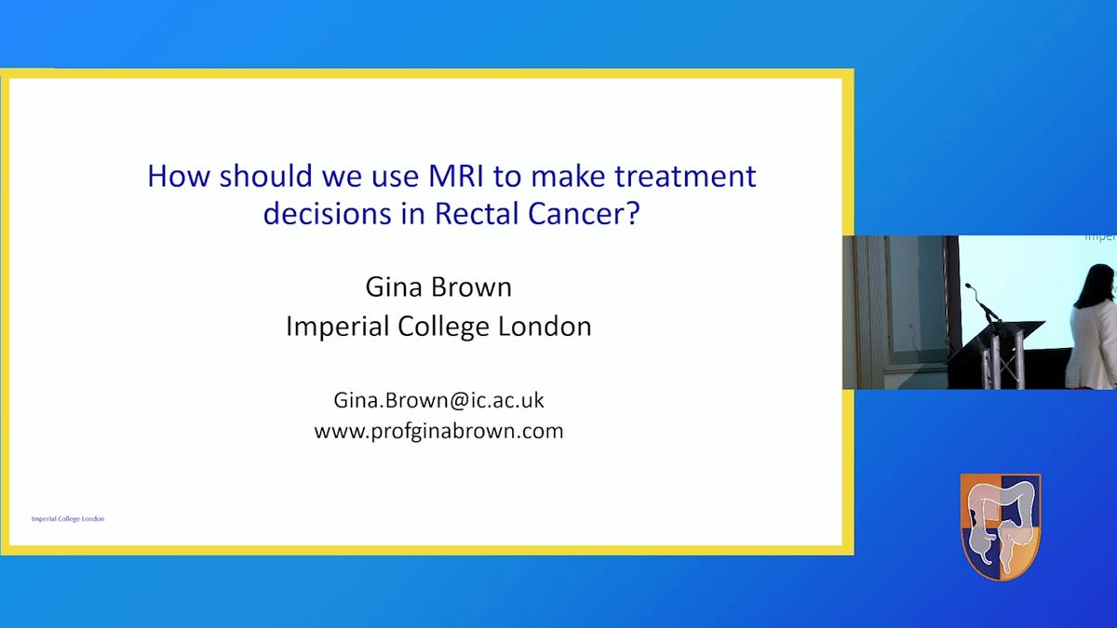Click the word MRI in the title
tap(456, 176)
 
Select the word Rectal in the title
tap(478, 213)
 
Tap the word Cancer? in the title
tap(584, 213)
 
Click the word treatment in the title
tap(685, 176)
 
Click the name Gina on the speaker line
tap(394, 287)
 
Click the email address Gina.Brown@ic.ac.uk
tap(438, 400)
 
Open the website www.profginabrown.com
tap(438, 431)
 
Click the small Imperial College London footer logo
tap(68, 519)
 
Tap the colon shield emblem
tap(1001, 527)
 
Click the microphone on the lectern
tap(981, 302)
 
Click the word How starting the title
tap(179, 176)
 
